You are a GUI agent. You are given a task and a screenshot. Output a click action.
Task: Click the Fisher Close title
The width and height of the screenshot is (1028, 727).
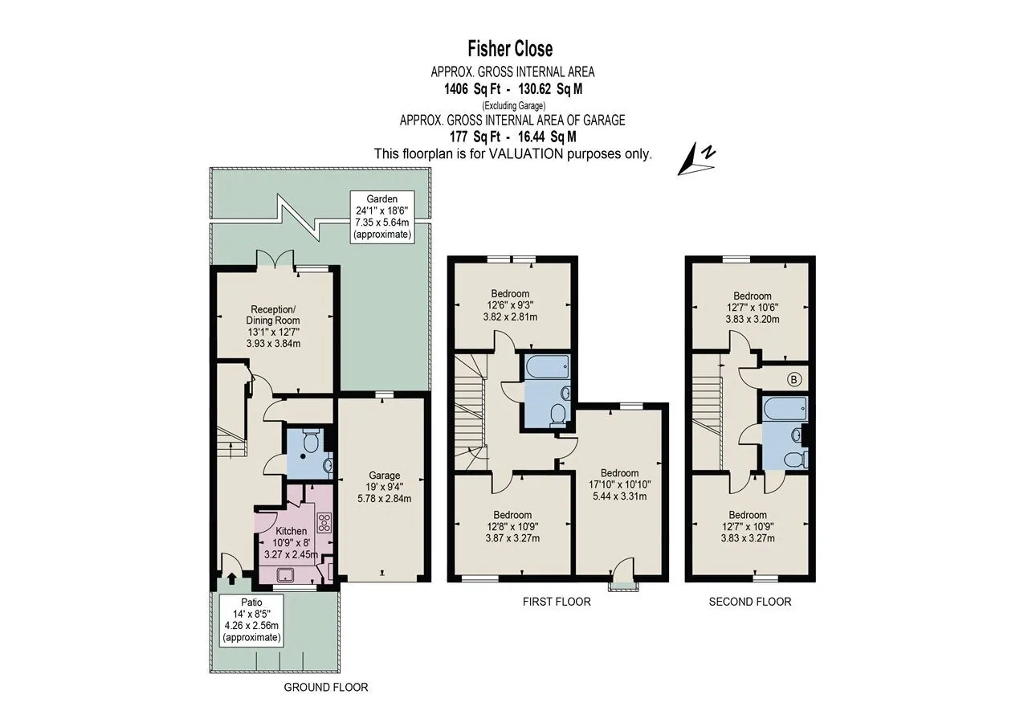(x=510, y=49)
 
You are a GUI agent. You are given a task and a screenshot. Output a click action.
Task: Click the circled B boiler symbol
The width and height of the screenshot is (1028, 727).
(x=794, y=379)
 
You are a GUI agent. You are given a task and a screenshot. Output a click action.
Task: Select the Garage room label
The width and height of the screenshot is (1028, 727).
(x=385, y=476)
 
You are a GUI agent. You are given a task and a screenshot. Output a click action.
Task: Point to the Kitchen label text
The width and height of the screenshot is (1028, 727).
(x=291, y=531)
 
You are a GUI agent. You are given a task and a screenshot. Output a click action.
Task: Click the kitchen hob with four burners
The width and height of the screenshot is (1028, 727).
(x=324, y=523)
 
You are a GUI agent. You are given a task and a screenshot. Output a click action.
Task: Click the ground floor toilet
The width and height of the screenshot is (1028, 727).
(x=312, y=440)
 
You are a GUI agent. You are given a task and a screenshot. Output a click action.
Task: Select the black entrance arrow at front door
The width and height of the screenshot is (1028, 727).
(x=232, y=578)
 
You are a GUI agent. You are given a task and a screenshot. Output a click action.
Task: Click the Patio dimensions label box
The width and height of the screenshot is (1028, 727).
(x=251, y=620)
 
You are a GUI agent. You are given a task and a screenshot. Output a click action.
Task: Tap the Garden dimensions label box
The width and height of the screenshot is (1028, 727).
(x=381, y=217)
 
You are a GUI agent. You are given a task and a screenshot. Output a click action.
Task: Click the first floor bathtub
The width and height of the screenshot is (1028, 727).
(x=547, y=366)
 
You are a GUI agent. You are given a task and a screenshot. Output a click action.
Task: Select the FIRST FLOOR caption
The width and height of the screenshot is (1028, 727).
(x=557, y=602)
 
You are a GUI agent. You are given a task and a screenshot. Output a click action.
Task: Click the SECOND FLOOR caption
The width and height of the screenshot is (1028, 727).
(x=750, y=602)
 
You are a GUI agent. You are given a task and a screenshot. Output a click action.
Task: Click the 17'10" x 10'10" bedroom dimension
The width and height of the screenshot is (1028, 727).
(x=619, y=484)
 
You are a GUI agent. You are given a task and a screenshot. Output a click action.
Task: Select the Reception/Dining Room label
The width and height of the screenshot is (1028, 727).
(x=273, y=315)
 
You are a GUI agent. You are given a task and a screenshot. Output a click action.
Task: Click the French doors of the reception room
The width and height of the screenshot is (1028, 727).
(x=275, y=259)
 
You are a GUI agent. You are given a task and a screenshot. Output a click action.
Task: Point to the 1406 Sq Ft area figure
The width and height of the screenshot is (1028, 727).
(x=472, y=88)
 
